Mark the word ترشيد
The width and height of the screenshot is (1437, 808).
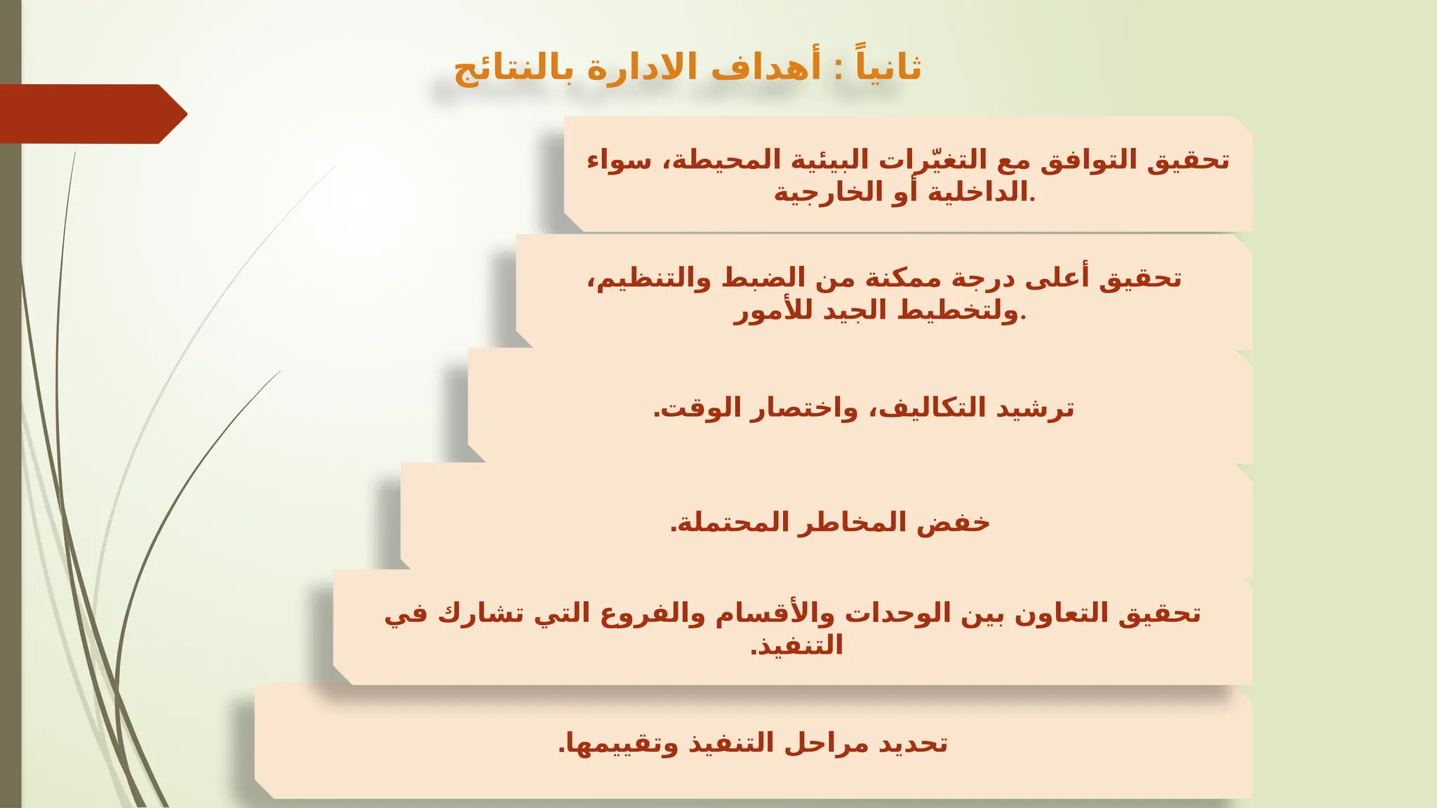(x=1036, y=408)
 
